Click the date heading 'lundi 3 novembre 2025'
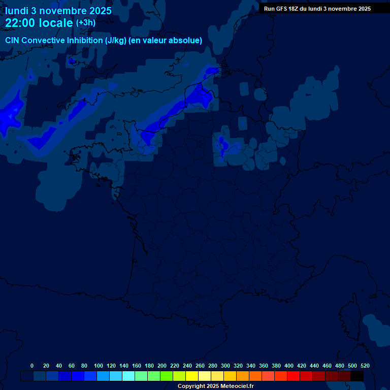[x=58, y=11]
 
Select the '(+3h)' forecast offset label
[x=85, y=23]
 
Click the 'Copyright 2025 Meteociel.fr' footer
[x=215, y=386]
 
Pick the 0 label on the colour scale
[x=32, y=366]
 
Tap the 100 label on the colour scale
[x=99, y=366]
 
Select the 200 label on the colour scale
[x=162, y=366]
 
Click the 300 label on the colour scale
[x=225, y=366]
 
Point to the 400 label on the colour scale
[x=289, y=366]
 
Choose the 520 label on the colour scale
[x=365, y=366]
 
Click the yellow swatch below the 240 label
[x=192, y=376]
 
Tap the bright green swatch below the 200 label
[x=167, y=376]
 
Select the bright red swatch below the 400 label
[x=294, y=376]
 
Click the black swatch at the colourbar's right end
[x=357, y=376]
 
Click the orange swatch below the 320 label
[x=243, y=376]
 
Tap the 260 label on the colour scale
[x=200, y=366]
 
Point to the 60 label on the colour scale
[x=72, y=366]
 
